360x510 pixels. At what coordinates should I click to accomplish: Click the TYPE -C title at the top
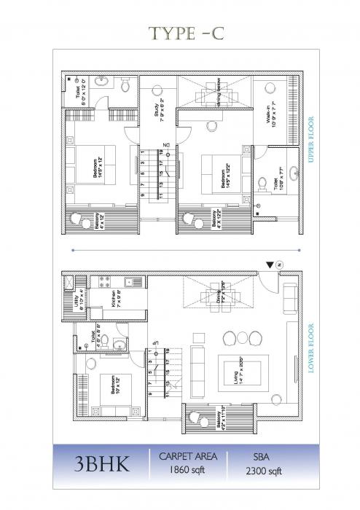pos(179,31)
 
